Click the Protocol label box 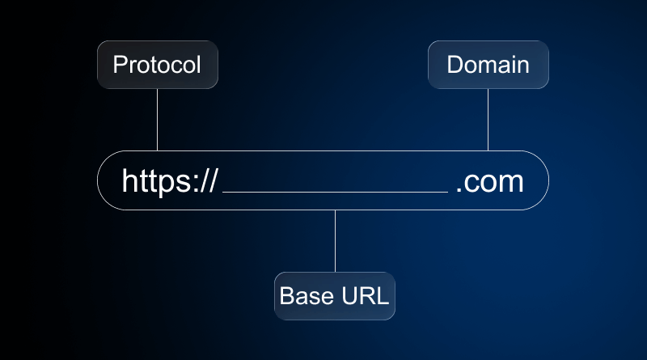[x=157, y=65]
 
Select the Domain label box [x=488, y=65]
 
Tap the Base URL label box [x=334, y=296]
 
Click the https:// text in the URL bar [x=169, y=181]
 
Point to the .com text [x=489, y=181]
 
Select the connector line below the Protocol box [x=157, y=120]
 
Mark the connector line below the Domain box [x=488, y=120]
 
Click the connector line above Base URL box [x=335, y=241]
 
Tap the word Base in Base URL [x=299, y=296]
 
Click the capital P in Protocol [x=119, y=65]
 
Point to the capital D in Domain [x=454, y=65]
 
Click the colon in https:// [x=193, y=184]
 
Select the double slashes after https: [x=208, y=181]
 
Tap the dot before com [x=459, y=190]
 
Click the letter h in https [x=129, y=181]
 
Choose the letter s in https [x=182, y=184]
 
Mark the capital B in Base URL [x=285, y=296]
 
